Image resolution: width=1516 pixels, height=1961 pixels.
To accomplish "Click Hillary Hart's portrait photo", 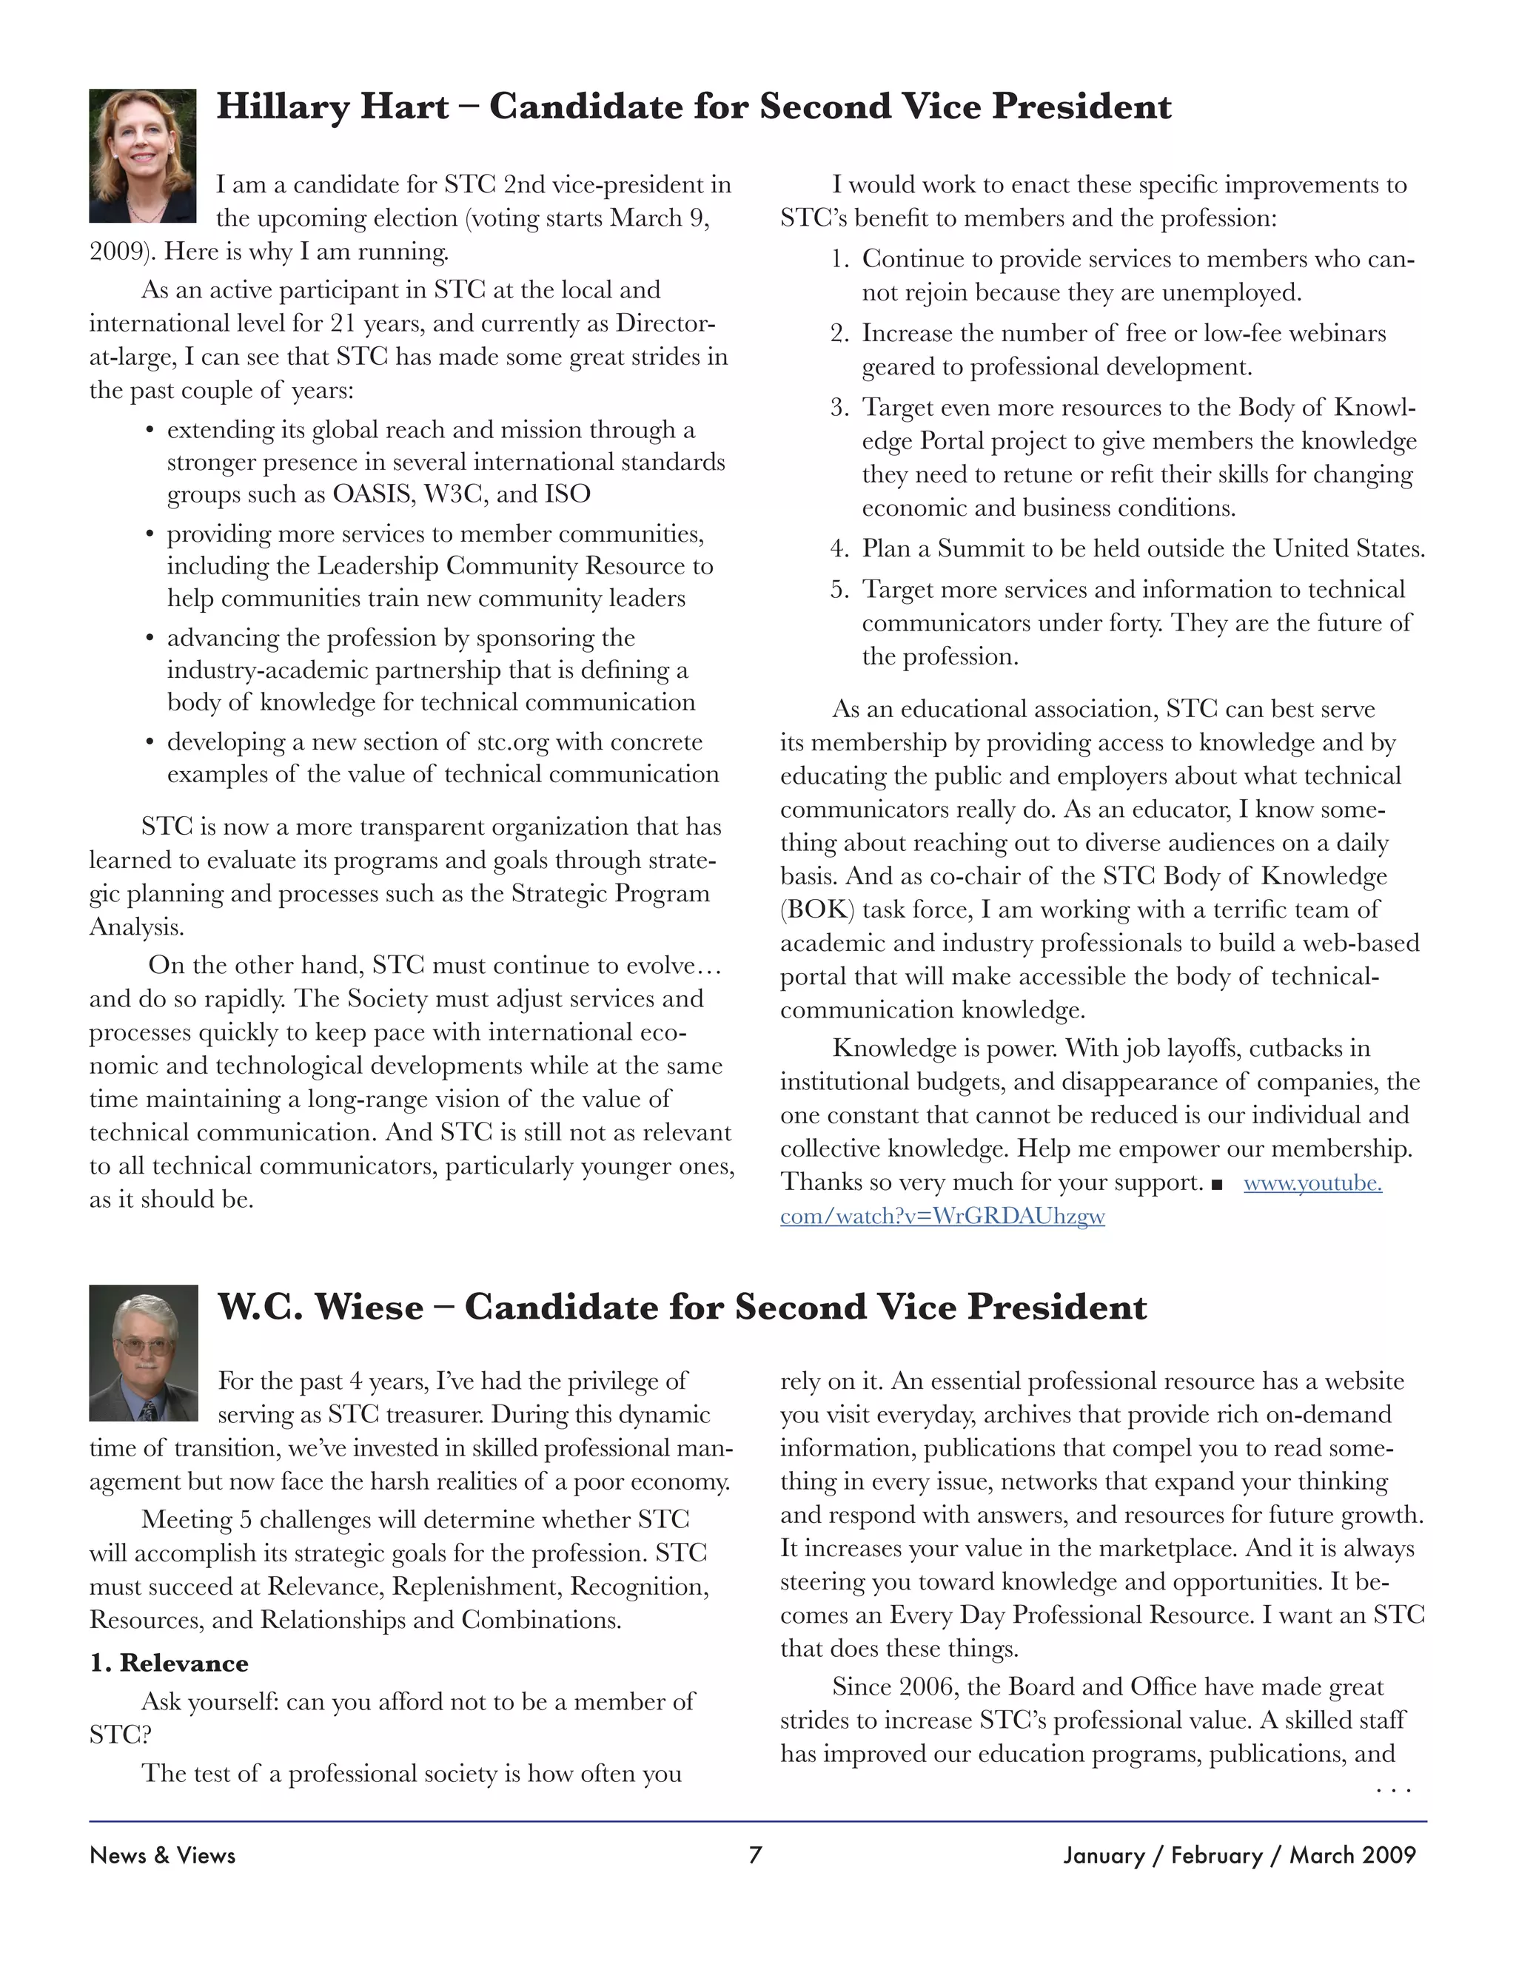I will click(x=142, y=155).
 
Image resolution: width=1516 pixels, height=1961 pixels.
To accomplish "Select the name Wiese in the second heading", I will click(x=368, y=1308).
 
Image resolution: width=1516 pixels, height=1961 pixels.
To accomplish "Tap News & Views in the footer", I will click(x=163, y=1855).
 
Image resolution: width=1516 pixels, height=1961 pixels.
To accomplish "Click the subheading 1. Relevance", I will click(x=169, y=1663).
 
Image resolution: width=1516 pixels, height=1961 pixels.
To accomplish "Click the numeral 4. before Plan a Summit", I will click(x=839, y=548).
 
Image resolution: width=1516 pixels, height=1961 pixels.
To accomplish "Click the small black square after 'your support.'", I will click(x=1217, y=1184).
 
